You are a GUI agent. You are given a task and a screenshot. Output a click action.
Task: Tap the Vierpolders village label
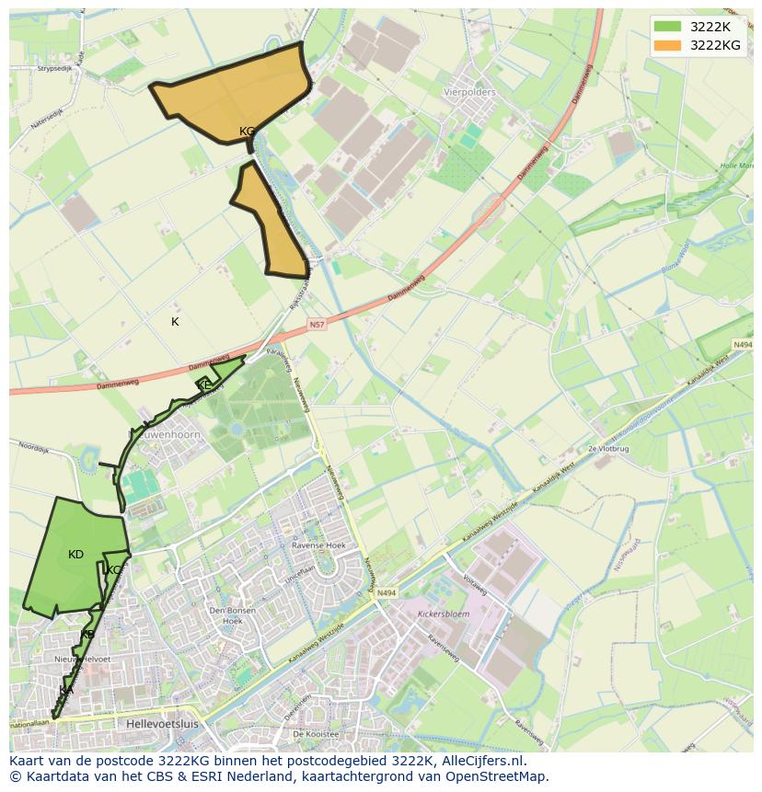click(x=469, y=92)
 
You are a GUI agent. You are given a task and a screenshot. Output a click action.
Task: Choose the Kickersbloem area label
click(x=444, y=613)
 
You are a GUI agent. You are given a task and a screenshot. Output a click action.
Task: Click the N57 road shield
click(x=317, y=325)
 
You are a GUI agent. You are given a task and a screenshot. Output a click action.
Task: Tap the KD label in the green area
click(x=75, y=555)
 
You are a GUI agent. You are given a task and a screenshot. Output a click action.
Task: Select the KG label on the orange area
click(x=247, y=132)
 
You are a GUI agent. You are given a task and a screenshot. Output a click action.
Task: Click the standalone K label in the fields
click(x=175, y=322)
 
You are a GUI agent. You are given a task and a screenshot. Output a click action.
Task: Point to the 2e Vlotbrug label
click(x=606, y=448)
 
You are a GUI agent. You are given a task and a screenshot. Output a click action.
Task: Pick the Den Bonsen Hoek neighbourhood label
click(x=225, y=615)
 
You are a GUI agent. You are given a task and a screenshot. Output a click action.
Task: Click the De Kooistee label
click(x=316, y=734)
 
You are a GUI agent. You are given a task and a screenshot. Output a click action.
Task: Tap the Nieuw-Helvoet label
click(x=82, y=660)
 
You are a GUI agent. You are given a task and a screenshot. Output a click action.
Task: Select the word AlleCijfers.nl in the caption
click(x=480, y=761)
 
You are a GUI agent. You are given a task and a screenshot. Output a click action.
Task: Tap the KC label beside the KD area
click(x=113, y=570)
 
